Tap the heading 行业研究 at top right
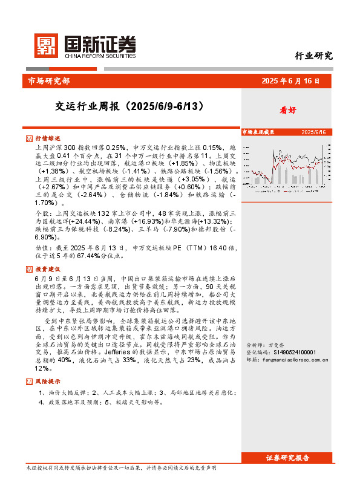pyautogui.click(x=313, y=56)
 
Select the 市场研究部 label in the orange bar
pyautogui.click(x=49, y=81)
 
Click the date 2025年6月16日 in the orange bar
pyautogui.click(x=293, y=81)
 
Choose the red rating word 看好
pyautogui.click(x=287, y=110)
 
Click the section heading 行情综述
pyautogui.click(x=47, y=138)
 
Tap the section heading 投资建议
pyautogui.click(x=47, y=268)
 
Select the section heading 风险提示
pyautogui.click(x=47, y=382)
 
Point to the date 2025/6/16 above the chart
pyautogui.click(x=313, y=131)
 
